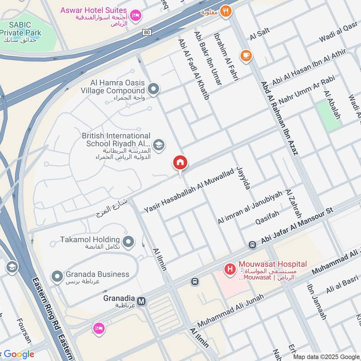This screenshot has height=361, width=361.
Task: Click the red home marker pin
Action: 180,163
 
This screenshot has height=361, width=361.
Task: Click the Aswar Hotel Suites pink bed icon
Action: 135,16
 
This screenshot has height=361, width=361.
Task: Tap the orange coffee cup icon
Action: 246,56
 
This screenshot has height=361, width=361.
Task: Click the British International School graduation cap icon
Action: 158,145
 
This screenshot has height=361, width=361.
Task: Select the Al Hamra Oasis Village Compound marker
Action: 153,89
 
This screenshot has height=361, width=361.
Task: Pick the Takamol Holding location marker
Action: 129,242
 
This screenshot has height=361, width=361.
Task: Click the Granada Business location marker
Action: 57,276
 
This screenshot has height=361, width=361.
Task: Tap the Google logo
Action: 18,354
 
